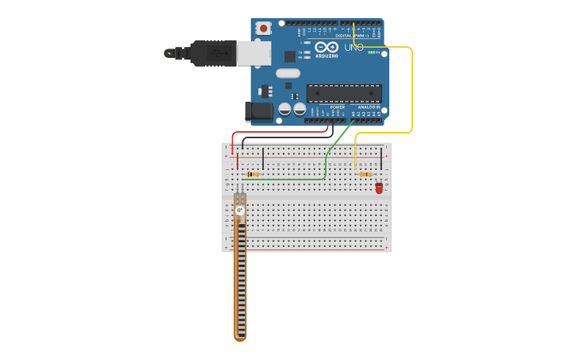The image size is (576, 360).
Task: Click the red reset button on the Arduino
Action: pyautogui.click(x=263, y=28)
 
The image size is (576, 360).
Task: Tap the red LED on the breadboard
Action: pyautogui.click(x=379, y=188)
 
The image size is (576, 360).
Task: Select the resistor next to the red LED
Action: pyautogui.click(x=365, y=174)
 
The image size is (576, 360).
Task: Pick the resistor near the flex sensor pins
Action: pyautogui.click(x=253, y=174)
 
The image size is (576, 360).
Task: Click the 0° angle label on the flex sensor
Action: pyautogui.click(x=239, y=210)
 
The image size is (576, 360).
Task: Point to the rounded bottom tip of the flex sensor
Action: pyautogui.click(x=241, y=338)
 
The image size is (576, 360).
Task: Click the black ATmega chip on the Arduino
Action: pyautogui.click(x=343, y=93)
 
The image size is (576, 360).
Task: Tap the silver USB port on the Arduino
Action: pyautogui.click(x=254, y=52)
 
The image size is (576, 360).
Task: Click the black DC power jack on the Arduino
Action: pyautogui.click(x=260, y=111)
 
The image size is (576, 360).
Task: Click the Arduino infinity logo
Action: pyautogui.click(x=327, y=47)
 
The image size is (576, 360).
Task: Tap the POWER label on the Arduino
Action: pyautogui.click(x=326, y=106)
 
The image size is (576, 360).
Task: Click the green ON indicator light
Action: pyautogui.click(x=371, y=52)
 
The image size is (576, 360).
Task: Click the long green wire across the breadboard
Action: pyautogui.click(x=286, y=180)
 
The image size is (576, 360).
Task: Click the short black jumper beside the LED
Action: pyautogui.click(x=381, y=158)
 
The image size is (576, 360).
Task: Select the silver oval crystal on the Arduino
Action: pyautogui.click(x=288, y=73)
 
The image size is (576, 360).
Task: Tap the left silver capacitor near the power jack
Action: pyautogui.click(x=284, y=109)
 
